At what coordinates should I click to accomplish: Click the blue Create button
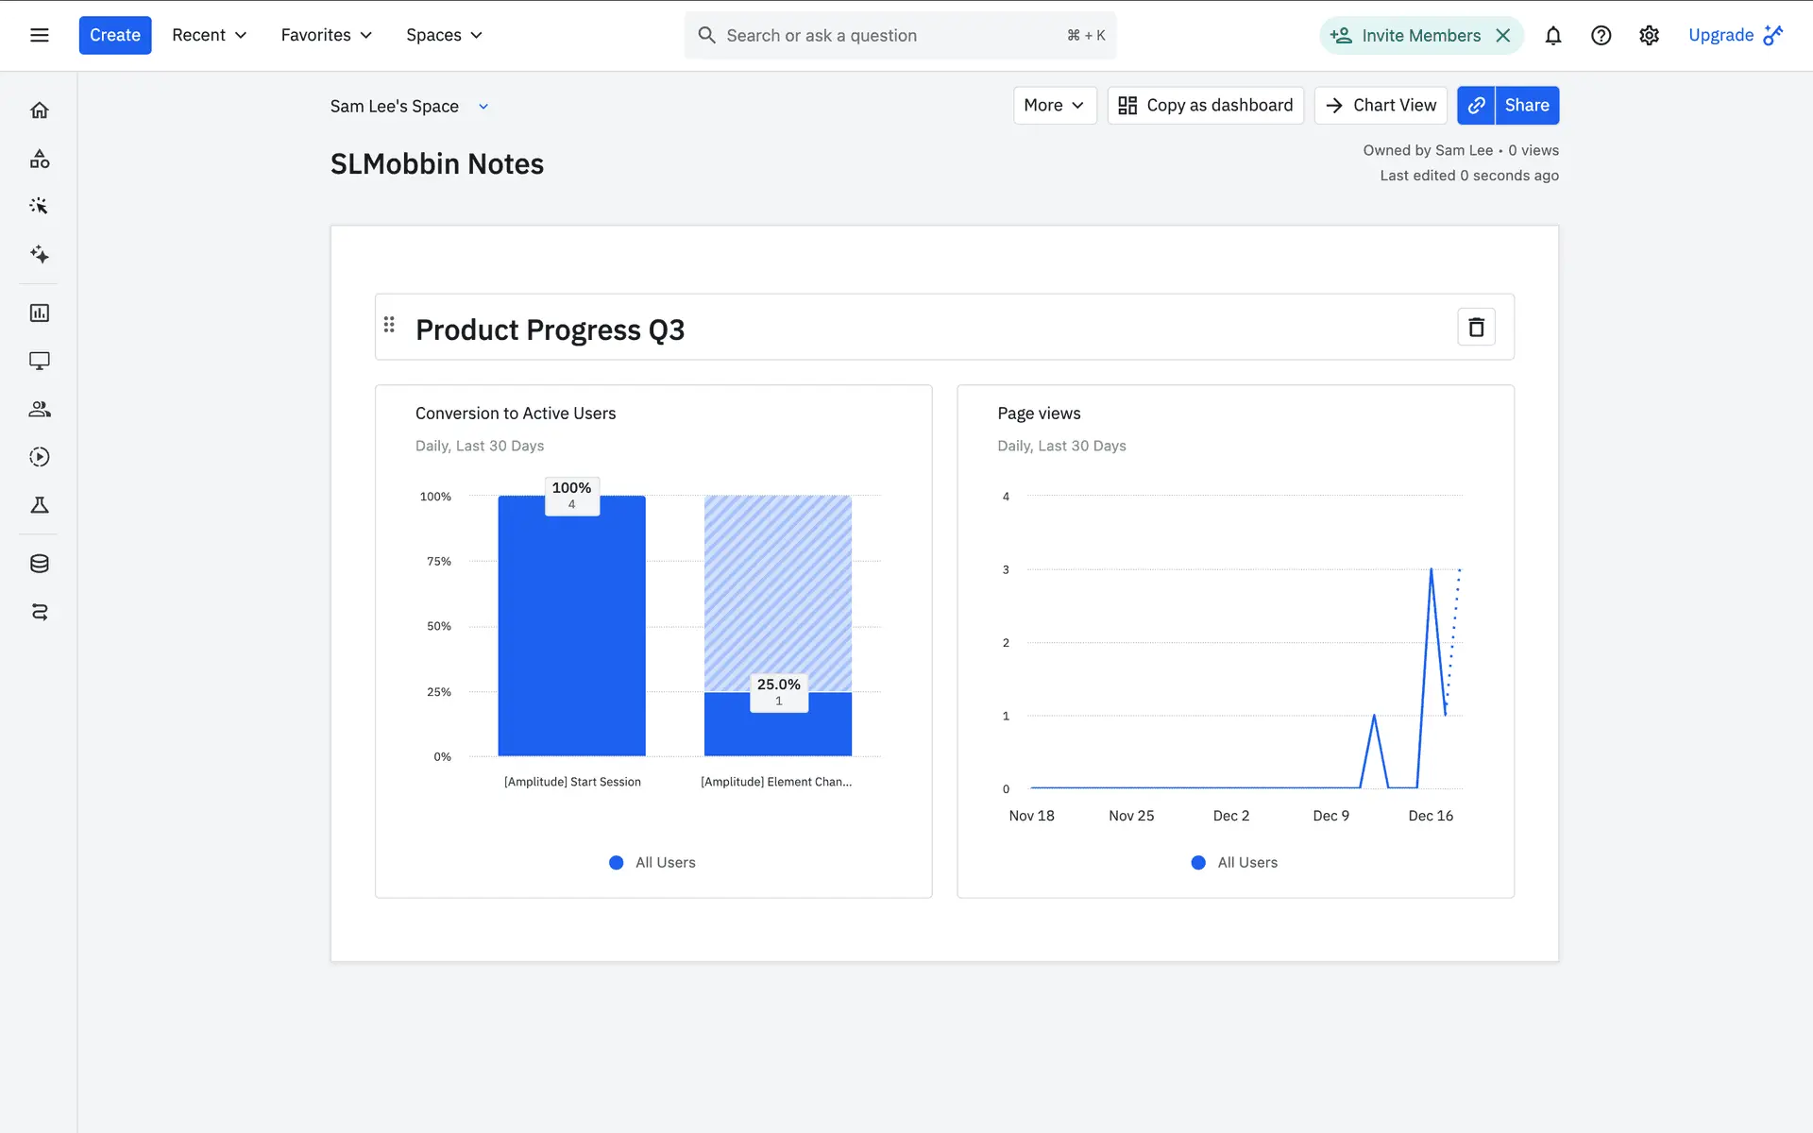[114, 35]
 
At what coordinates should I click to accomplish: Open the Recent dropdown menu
[209, 35]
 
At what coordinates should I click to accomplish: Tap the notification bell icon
[1552, 35]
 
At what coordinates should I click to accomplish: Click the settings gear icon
[1649, 35]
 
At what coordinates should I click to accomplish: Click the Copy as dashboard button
[1205, 105]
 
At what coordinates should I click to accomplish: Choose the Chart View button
[1381, 105]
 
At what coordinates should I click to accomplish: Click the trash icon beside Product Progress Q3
[1476, 327]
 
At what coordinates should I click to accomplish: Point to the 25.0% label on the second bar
[778, 685]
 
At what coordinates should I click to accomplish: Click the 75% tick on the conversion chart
[439, 561]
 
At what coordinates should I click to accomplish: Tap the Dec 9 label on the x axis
[1330, 816]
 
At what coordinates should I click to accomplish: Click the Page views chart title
[1039, 414]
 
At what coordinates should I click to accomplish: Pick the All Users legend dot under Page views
[1198, 862]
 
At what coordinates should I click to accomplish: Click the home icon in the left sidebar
[39, 110]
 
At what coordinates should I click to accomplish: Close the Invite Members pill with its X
[1503, 35]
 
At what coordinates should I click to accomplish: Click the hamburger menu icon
[39, 35]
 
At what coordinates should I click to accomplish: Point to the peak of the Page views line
[1431, 569]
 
